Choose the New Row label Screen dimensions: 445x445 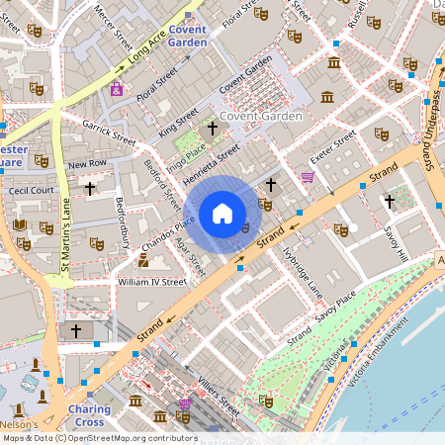[x=87, y=162]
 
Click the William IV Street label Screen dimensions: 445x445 [x=151, y=282]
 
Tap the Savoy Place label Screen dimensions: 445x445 [x=335, y=307]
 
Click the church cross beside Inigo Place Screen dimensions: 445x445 [x=211, y=129]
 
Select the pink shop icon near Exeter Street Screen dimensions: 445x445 [x=308, y=178]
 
